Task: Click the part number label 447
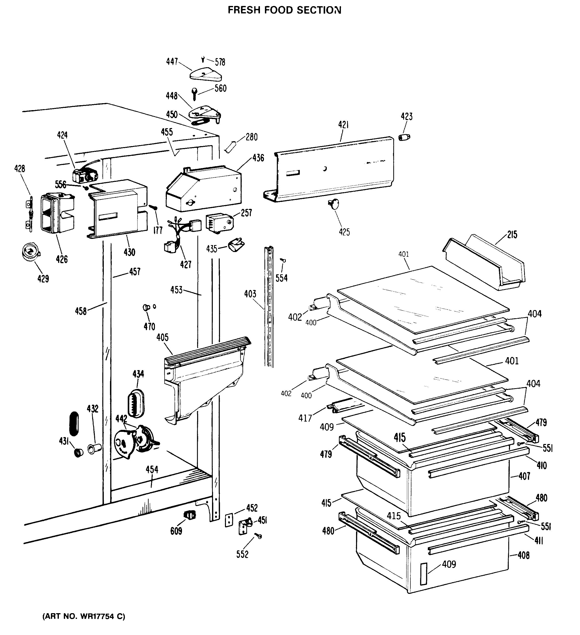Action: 172,62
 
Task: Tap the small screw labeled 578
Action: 203,59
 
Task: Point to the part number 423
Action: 407,117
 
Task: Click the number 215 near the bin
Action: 512,235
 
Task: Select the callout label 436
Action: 258,158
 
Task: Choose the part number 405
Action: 162,338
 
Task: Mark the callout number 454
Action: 152,470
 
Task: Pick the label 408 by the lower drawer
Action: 524,555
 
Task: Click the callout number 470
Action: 149,327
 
